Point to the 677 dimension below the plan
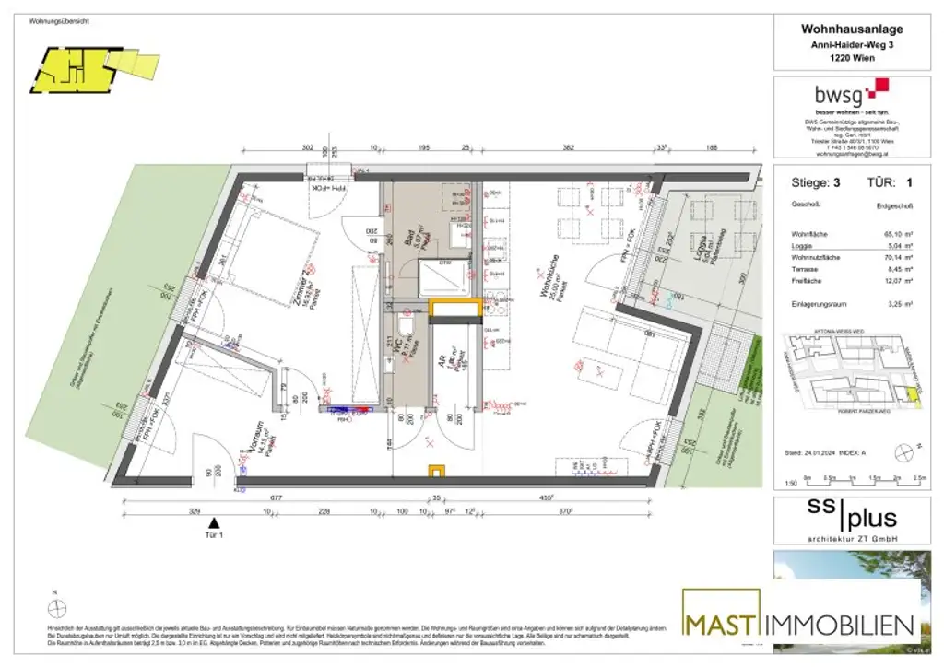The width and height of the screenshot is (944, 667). pos(275,498)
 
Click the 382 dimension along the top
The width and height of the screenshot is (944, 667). pos(569,149)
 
